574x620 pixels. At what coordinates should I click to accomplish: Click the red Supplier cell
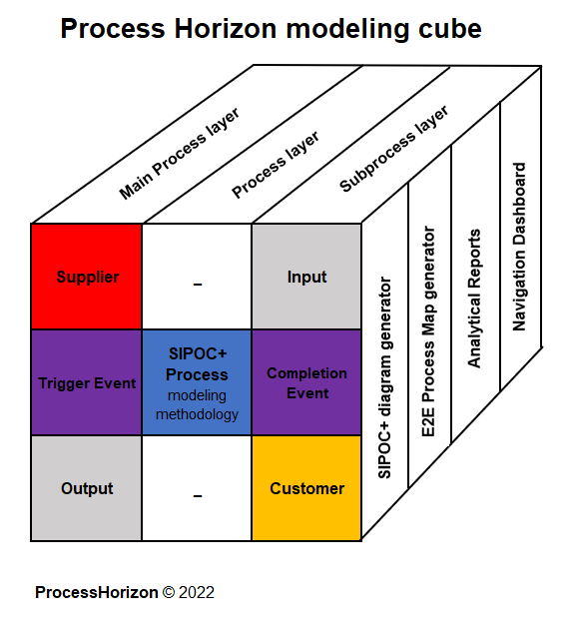[87, 277]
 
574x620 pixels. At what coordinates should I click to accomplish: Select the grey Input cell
[305, 277]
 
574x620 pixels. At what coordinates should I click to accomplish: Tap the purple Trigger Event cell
[87, 383]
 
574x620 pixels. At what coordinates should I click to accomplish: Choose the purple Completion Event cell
[305, 383]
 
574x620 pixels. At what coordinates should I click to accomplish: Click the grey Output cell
[87, 488]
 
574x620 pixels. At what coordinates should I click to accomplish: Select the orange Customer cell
[305, 488]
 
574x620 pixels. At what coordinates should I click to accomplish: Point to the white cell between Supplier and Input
[197, 277]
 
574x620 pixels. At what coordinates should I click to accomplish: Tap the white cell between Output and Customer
[197, 488]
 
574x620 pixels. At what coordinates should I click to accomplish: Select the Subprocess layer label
[394, 149]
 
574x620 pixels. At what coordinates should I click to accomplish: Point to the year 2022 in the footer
[198, 592]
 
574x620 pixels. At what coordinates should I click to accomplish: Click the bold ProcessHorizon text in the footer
[97, 592]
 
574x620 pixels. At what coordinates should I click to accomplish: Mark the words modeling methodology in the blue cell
[197, 404]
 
